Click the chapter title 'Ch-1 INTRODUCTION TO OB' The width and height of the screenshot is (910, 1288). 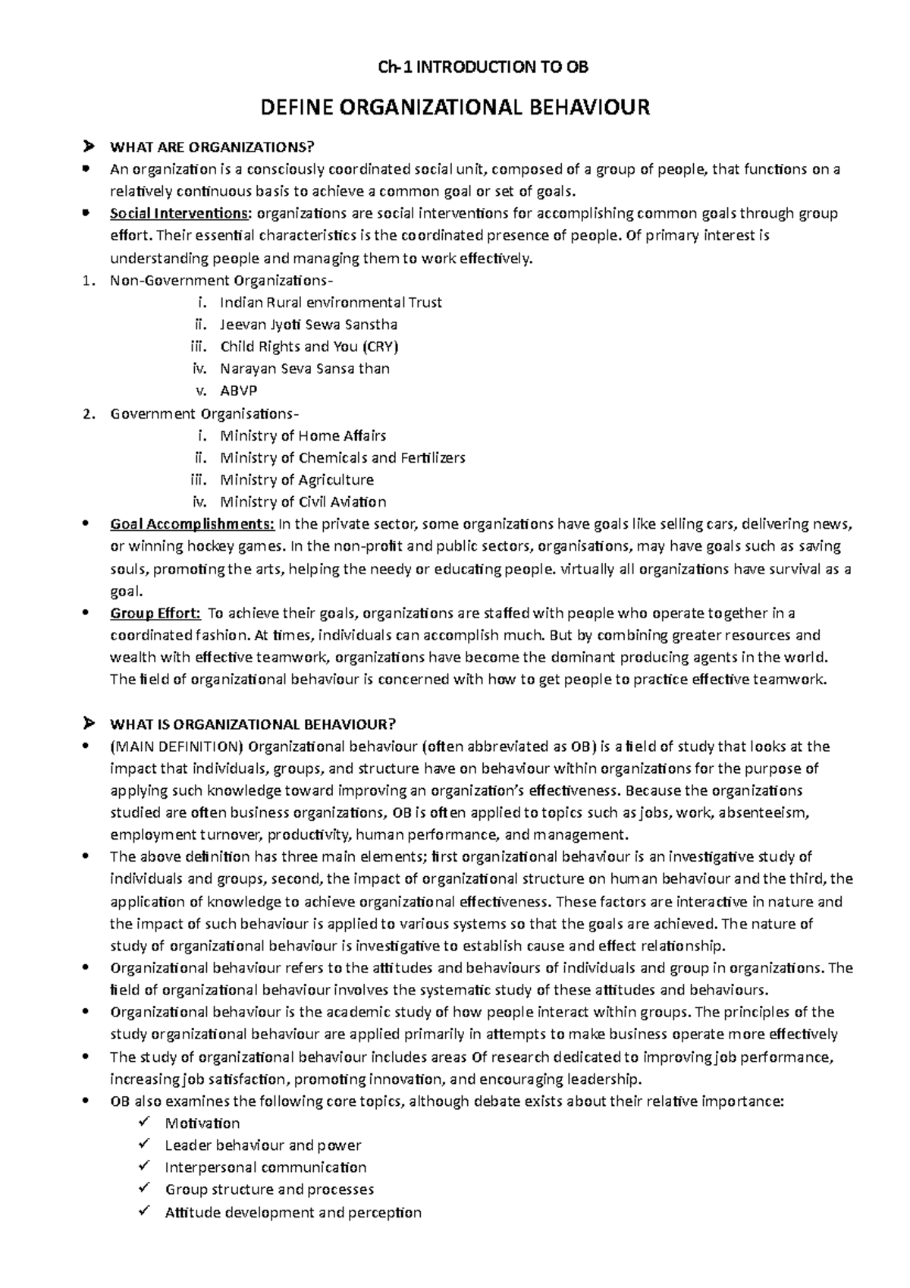[x=483, y=68]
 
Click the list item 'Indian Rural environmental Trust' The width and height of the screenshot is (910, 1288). [x=331, y=302]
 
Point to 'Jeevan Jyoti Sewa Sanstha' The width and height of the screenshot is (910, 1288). [x=309, y=324]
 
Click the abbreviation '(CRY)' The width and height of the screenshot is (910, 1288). [x=380, y=347]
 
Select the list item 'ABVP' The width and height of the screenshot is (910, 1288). [x=238, y=391]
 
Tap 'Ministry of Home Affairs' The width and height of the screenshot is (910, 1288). [x=303, y=435]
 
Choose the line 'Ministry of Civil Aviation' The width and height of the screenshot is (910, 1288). [x=303, y=501]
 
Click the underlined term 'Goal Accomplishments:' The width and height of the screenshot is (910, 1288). [x=193, y=523]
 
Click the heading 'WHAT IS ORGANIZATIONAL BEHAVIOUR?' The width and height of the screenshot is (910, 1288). [x=253, y=723]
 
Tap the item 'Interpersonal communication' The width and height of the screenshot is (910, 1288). [x=265, y=1167]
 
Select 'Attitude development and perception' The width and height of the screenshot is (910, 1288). [x=293, y=1212]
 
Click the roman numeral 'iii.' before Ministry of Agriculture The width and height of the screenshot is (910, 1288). [x=197, y=479]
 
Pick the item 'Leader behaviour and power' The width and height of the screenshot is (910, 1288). [x=262, y=1145]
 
